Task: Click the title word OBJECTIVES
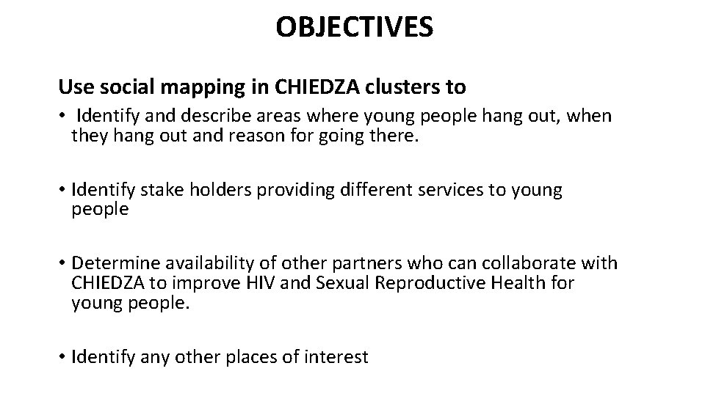[x=355, y=28]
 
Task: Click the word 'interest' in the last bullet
[x=337, y=357]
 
